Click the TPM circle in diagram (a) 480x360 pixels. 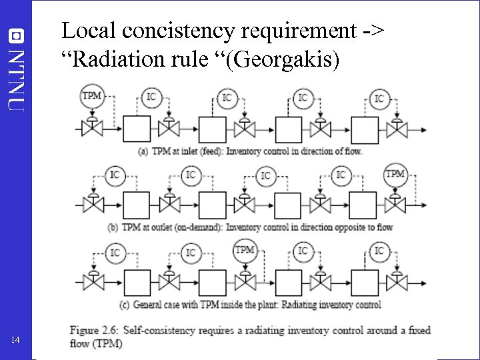(91, 96)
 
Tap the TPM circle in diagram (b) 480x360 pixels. (395, 175)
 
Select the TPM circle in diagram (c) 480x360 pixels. (245, 251)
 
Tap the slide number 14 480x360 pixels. (17, 341)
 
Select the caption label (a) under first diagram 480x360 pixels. (143, 151)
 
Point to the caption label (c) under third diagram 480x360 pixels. (124, 305)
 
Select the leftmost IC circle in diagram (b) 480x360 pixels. (115, 175)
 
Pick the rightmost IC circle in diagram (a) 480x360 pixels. (379, 98)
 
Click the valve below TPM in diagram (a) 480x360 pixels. (91, 125)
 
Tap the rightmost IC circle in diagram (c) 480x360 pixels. (379, 251)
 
